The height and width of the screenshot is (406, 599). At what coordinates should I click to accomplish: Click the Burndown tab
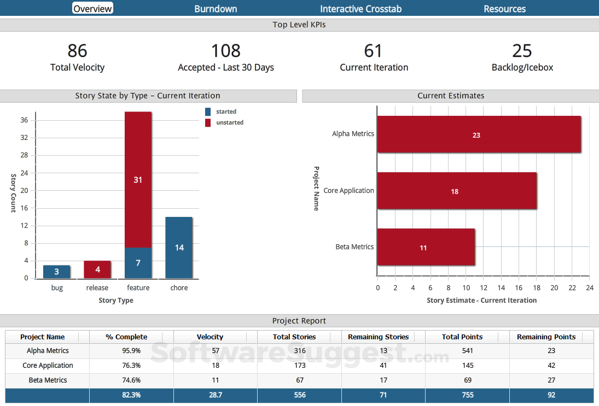(216, 9)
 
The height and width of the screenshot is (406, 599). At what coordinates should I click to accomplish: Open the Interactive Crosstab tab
(360, 9)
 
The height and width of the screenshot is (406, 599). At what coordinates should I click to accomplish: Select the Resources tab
(504, 9)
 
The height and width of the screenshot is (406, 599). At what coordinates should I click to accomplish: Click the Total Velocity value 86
(77, 51)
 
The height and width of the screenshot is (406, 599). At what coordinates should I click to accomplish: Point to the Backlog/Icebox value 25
(522, 51)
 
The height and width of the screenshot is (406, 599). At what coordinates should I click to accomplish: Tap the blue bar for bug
(56, 272)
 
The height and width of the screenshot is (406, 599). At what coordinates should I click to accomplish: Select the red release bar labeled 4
(97, 269)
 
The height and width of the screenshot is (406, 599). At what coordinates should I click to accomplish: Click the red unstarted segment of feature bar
(138, 180)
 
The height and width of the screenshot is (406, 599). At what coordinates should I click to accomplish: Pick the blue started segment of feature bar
(138, 263)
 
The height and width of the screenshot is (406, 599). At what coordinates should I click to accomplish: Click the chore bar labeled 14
(179, 248)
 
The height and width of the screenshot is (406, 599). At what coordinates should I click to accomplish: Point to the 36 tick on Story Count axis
(24, 120)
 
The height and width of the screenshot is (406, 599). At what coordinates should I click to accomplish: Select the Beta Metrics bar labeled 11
(426, 248)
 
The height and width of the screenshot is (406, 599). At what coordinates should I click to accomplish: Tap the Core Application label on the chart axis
(348, 191)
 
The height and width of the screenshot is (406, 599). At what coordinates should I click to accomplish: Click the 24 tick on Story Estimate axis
(589, 287)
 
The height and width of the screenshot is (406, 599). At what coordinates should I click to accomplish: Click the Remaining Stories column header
(378, 337)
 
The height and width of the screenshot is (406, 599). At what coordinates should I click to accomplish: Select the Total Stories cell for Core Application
(299, 366)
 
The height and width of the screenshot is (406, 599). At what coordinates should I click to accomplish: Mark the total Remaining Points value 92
(551, 395)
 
